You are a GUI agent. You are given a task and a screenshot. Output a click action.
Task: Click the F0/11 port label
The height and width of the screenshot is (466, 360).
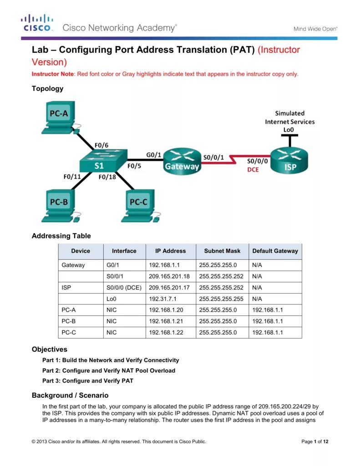click(72, 177)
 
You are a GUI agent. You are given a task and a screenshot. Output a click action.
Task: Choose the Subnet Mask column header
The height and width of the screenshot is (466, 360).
click(222, 251)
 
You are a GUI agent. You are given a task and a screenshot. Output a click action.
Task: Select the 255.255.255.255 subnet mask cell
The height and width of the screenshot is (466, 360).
click(221, 299)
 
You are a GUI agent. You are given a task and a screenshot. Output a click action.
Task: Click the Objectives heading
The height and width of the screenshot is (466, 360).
click(49, 349)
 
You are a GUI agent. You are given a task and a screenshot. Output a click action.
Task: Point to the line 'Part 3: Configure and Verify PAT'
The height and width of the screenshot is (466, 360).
click(87, 381)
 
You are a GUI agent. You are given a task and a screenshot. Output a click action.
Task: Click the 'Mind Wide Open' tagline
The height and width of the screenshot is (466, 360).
click(315, 29)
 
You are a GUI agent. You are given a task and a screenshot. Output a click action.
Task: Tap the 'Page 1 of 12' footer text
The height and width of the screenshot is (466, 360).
click(314, 441)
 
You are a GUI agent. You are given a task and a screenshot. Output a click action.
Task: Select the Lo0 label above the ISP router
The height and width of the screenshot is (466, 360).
click(289, 130)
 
